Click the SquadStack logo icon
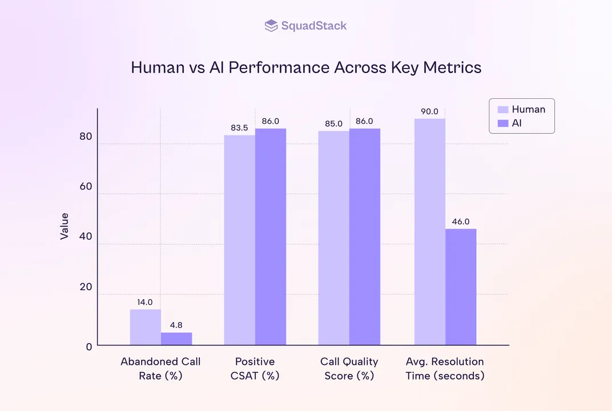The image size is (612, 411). [x=271, y=26]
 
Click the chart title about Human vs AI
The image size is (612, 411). [x=306, y=67]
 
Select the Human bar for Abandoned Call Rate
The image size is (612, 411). [x=145, y=327]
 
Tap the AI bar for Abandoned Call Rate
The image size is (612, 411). [x=176, y=339]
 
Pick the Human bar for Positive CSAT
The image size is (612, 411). [x=239, y=240]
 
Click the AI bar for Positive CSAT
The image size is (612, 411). [x=271, y=237]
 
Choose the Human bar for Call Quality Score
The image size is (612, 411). [x=333, y=238]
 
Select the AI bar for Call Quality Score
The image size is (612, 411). [x=365, y=237]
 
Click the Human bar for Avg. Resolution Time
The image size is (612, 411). [x=429, y=232]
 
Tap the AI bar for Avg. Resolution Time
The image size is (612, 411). [x=461, y=287]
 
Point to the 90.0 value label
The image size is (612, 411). [x=429, y=112]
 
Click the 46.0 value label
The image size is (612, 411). [x=461, y=222]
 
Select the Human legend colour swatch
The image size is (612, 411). [x=502, y=110]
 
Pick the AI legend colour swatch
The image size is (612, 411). [x=502, y=123]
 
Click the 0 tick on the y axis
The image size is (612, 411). [x=89, y=346]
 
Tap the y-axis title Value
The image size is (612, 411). [x=65, y=226]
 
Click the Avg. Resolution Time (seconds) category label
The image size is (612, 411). [x=445, y=369]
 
